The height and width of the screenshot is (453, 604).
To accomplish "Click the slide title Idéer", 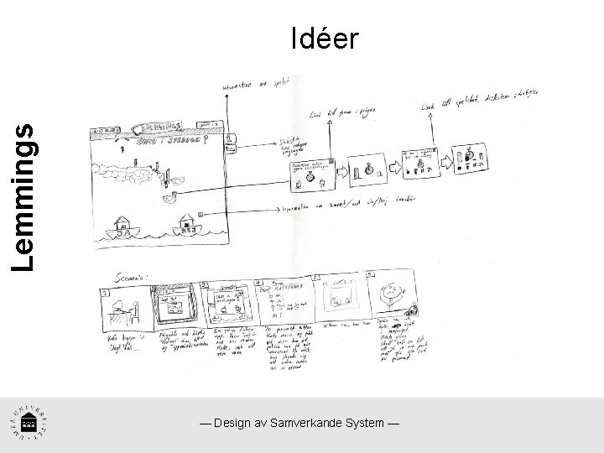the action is coord(325,38).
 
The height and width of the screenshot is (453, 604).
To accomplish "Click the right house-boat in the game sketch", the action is coord(187,222).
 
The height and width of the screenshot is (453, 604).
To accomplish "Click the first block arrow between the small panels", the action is coord(343,171).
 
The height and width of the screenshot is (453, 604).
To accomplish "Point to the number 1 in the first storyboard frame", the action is coord(105,293).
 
